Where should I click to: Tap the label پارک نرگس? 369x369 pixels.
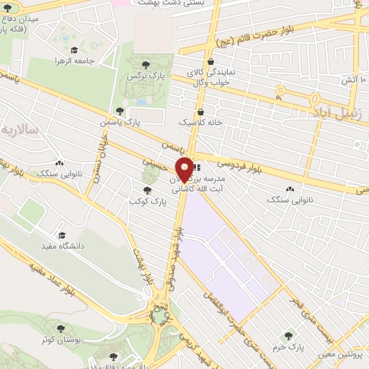(x=142, y=74)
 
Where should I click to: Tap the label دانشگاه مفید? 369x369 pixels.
(x=66, y=246)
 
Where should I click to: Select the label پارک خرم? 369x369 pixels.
(x=290, y=345)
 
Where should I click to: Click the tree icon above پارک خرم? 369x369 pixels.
(x=290, y=334)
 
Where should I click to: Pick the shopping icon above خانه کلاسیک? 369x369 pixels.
(x=200, y=112)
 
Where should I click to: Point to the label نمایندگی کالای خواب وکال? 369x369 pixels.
(x=210, y=77)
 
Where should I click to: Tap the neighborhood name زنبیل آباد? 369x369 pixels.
(x=335, y=112)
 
